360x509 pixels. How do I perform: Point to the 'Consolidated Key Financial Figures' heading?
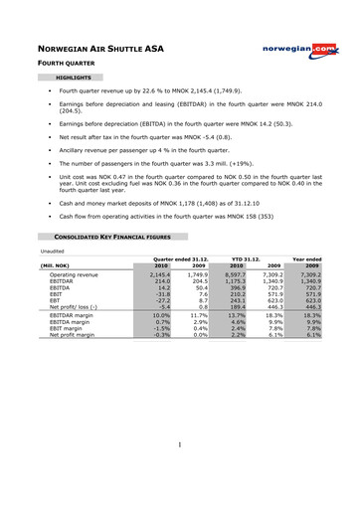click(109, 236)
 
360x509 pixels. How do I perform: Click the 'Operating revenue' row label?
click(75, 273)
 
